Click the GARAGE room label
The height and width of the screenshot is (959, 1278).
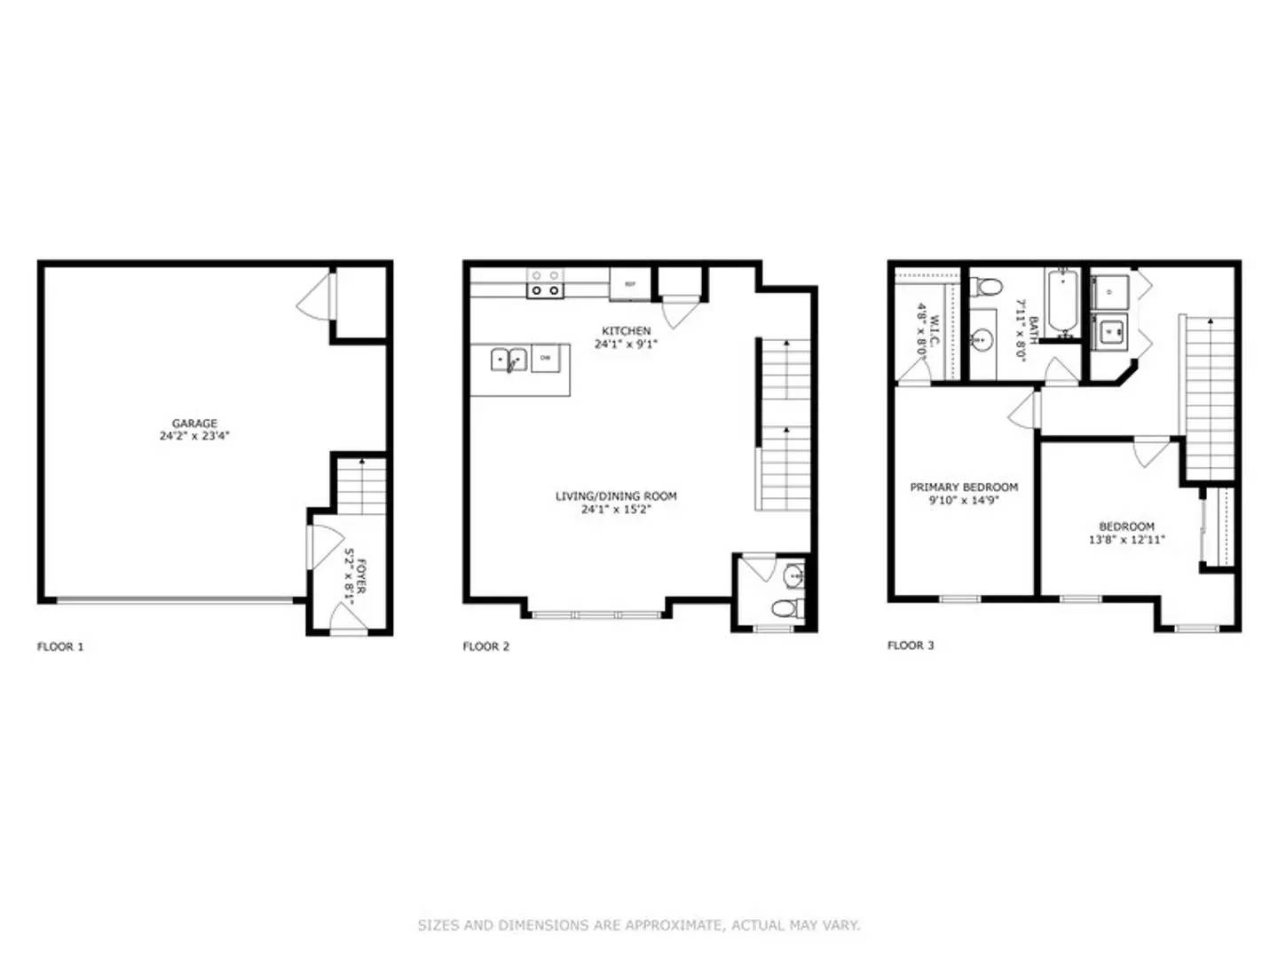[x=194, y=424]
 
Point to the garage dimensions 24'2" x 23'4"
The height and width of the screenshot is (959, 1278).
[x=194, y=436]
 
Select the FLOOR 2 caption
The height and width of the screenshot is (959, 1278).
[x=486, y=646]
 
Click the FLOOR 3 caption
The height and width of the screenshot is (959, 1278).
[x=911, y=646]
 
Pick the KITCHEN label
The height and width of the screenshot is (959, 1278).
[x=626, y=330]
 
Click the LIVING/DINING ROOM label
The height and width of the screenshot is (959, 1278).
[x=616, y=496]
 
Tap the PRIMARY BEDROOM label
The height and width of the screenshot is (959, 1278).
[x=964, y=487]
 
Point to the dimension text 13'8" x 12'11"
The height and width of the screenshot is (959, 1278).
[x=1126, y=539]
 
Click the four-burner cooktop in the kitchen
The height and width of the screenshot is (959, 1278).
[x=544, y=283]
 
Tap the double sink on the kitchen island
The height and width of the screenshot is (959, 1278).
[x=509, y=360]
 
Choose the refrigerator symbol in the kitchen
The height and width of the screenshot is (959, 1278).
[x=630, y=284]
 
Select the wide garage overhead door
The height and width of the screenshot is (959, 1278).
[x=175, y=600]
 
